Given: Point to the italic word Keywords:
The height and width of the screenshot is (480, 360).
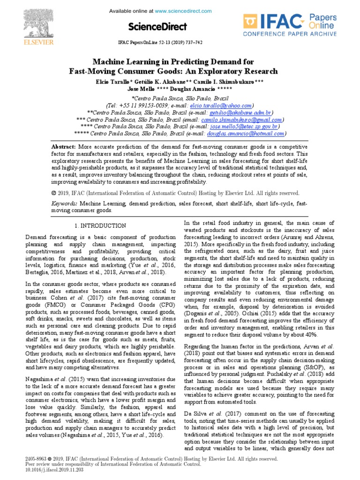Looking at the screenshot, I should tap(64, 204).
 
